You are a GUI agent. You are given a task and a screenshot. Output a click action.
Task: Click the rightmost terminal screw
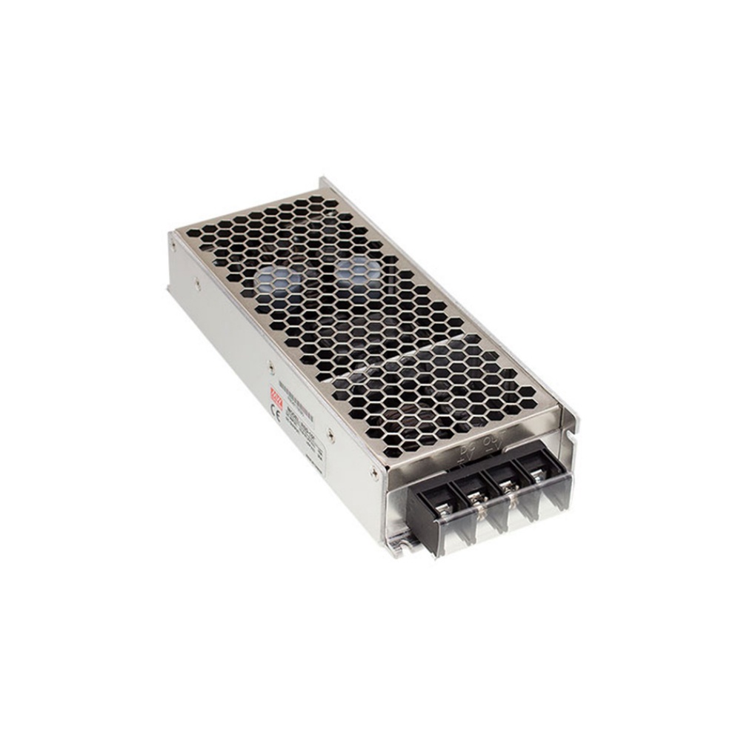click(535, 477)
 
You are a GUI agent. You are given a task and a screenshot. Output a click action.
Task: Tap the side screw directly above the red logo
click(270, 366)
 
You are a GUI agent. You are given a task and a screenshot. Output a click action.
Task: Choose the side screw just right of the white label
click(330, 438)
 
